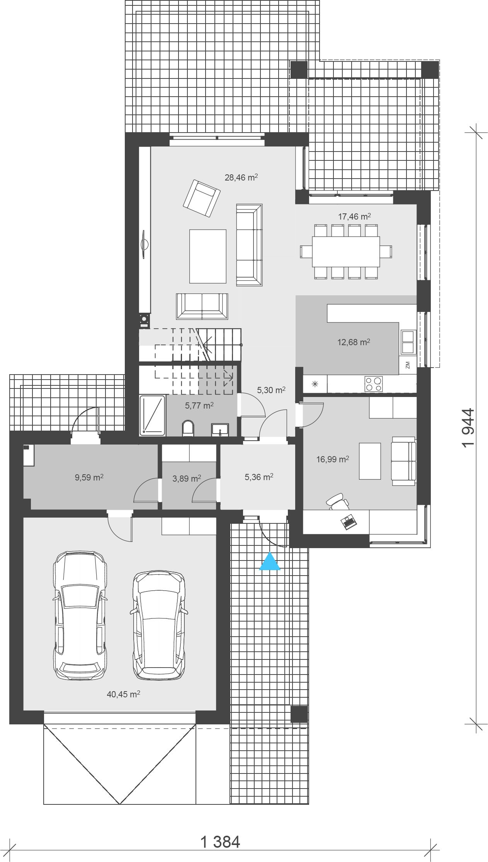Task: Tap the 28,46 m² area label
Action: click(241, 178)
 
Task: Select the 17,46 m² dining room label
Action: click(355, 216)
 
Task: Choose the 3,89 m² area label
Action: click(187, 479)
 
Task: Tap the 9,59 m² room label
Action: click(89, 477)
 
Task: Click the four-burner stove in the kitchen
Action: click(374, 384)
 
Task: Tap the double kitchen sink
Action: click(408, 342)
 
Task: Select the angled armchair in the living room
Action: click(201, 199)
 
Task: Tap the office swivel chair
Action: click(338, 501)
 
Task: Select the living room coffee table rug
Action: click(207, 256)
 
